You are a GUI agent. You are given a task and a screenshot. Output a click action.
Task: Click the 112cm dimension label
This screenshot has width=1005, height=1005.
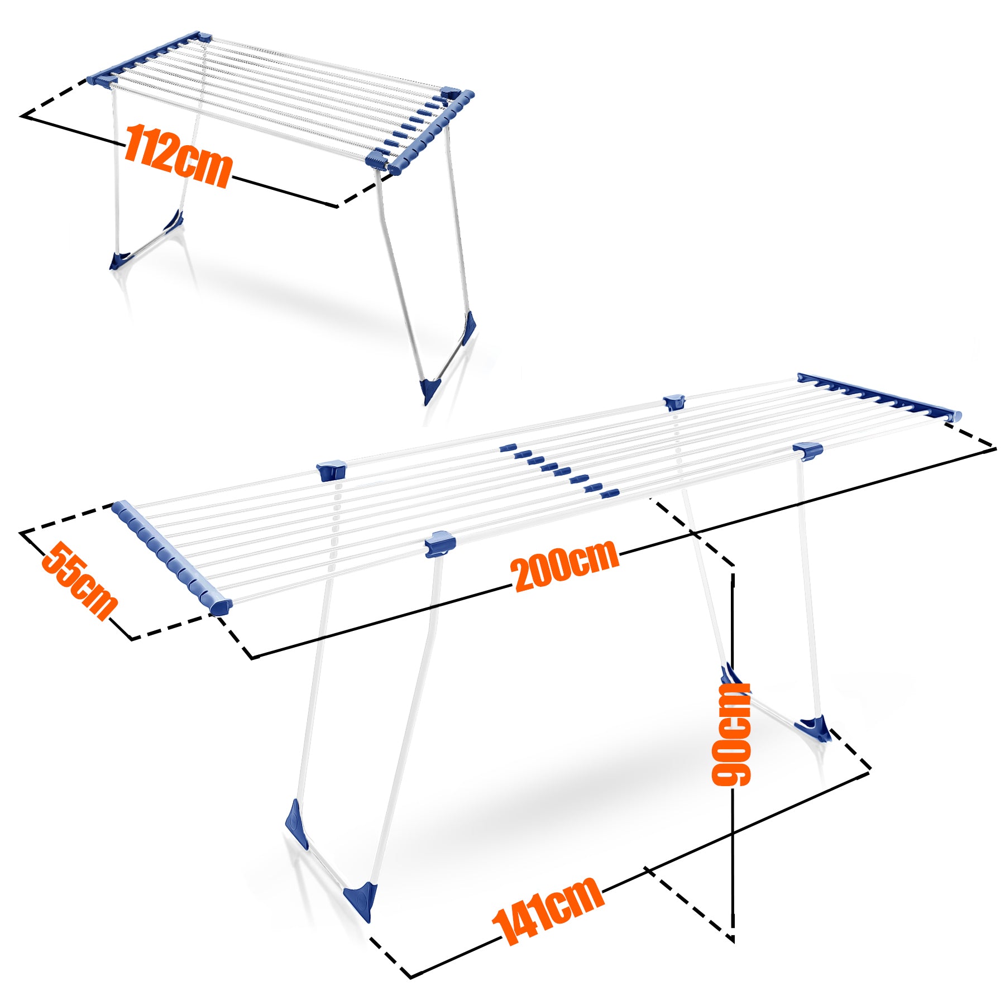click(178, 155)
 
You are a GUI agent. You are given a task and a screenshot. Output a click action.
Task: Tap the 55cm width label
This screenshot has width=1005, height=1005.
click(80, 581)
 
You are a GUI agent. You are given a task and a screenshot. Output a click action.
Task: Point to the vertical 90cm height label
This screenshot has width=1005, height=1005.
click(731, 734)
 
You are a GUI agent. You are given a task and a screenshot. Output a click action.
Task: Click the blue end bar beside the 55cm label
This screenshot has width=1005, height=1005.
click(171, 557)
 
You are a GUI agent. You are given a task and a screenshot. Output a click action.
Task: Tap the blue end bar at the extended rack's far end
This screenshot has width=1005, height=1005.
click(879, 397)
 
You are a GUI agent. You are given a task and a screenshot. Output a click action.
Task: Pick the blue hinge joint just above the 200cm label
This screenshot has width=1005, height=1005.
click(441, 544)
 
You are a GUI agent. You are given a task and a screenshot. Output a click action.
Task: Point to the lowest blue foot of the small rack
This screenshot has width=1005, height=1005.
click(429, 389)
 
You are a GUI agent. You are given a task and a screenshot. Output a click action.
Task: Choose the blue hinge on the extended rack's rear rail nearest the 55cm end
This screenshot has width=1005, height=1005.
click(332, 471)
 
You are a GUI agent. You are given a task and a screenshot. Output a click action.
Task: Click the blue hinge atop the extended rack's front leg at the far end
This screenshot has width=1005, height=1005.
click(807, 451)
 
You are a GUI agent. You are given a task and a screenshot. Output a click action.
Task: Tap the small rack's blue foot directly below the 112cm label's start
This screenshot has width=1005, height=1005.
click(119, 261)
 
